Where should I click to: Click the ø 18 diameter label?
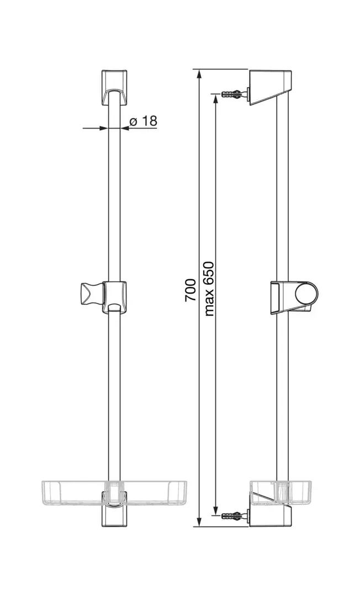coord(143,121)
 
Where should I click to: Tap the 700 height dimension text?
coord(190,290)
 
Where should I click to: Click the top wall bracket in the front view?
coord(114,87)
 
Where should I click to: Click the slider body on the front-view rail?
coord(115,297)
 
